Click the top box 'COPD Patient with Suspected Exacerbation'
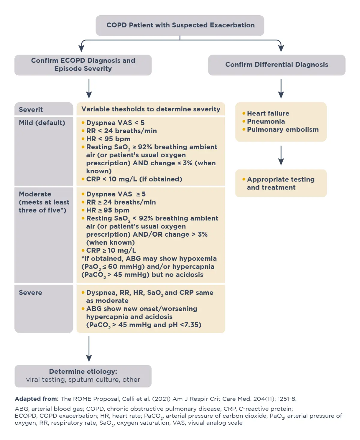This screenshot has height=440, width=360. coord(180,25)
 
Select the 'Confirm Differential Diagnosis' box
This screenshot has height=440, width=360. coord(277,65)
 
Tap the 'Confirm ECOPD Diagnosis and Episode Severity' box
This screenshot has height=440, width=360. coord(83,65)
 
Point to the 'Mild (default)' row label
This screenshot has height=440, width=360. coord(42,123)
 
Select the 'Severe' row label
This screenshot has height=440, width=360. coord(30,292)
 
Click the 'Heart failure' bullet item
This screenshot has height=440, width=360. coord(268,113)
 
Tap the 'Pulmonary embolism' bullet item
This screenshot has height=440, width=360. coord(283,130)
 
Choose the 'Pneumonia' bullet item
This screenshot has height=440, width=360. coord(266,121)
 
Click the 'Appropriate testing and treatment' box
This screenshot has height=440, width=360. coord(280,183)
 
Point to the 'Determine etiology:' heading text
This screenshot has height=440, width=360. coord(83,371)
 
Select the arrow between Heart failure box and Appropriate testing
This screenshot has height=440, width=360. coord(281,155)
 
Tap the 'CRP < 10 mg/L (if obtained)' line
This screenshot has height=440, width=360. coord(134,179)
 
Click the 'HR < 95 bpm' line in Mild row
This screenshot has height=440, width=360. coord(108,139)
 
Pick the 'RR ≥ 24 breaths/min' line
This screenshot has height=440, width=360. coord(121,202)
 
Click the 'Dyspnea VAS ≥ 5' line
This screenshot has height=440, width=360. coord(116,194)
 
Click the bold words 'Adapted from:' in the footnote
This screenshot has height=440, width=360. coord(37,399)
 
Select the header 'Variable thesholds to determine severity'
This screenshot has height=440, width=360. coord(151,109)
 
